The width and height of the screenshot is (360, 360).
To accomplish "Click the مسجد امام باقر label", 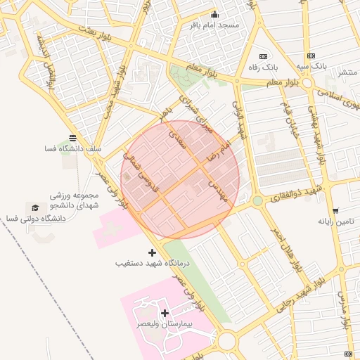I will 219,25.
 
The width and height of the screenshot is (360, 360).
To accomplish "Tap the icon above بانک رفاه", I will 263,56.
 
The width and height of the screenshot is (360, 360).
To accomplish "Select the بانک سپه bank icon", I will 309,56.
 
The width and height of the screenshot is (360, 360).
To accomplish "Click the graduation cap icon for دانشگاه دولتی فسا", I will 35,208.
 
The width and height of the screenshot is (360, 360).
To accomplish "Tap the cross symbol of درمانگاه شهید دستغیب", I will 152,252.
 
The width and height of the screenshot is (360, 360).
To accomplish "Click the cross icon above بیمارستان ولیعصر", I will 165,313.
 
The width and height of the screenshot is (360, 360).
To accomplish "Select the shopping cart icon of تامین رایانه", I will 335,210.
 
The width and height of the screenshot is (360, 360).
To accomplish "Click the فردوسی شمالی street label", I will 140,172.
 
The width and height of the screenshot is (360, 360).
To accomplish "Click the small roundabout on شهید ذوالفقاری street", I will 257,201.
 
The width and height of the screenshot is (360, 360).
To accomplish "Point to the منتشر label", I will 347,72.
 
